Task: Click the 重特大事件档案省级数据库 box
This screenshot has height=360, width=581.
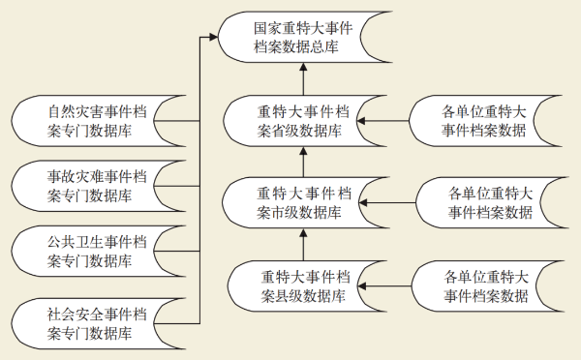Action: [303, 121]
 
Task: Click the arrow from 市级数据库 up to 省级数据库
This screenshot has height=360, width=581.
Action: [303, 162]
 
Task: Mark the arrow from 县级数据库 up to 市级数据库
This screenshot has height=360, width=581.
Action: [303, 244]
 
